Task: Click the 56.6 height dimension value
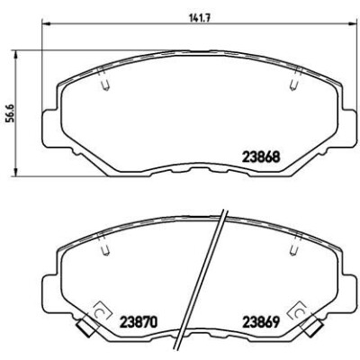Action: point(12,114)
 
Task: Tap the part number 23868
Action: point(261,157)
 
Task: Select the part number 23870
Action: point(139,322)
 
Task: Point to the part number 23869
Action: point(261,322)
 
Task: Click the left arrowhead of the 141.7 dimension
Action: point(45,23)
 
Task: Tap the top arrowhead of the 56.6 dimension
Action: point(15,55)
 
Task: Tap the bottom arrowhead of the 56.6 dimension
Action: point(15,172)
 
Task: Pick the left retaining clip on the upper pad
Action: point(103,78)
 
